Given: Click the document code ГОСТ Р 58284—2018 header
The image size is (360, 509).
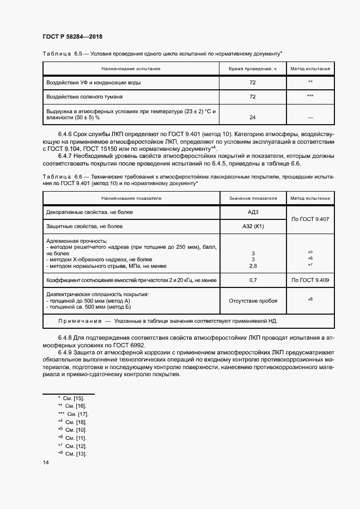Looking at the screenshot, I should coord(72,37).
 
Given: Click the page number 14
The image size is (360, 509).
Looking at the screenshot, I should coord(46,463).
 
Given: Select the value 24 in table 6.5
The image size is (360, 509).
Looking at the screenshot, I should coord(252,117).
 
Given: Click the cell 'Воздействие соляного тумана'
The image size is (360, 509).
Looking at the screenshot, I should coord(84,97).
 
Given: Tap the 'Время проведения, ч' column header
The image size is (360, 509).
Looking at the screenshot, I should coord(252,69).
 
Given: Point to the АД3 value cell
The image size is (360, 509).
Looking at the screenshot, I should coord(252,211).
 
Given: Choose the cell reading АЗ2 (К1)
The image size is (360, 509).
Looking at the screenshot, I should coord(252,226).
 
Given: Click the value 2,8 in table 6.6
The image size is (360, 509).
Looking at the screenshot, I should coord(252,266).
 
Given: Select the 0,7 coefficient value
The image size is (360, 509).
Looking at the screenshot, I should coord(252,280).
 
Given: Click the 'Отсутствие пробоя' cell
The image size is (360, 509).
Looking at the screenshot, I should coord(252,301).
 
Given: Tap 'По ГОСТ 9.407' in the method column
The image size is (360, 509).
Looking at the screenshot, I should coord(310,219).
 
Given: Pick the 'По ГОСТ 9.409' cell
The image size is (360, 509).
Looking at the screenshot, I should coord(310,280).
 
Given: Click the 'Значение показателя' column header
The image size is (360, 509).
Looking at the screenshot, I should coord(252,198).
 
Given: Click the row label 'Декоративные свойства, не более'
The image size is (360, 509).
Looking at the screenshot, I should coord(90,211).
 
